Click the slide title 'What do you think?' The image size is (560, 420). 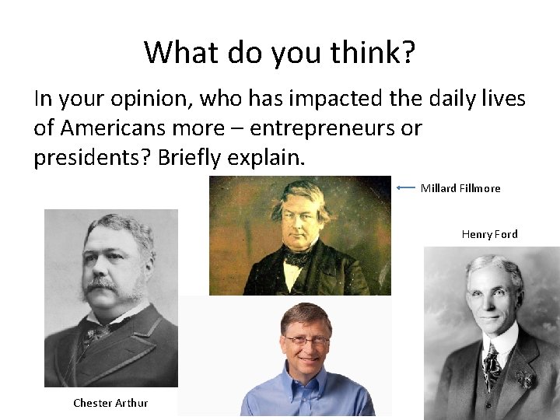[280, 53]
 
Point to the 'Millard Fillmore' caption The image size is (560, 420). [460, 188]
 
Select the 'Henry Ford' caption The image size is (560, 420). [489, 234]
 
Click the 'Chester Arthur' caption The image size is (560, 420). [110, 402]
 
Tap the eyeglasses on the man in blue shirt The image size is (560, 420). [306, 340]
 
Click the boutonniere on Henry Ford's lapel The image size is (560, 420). [526, 380]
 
